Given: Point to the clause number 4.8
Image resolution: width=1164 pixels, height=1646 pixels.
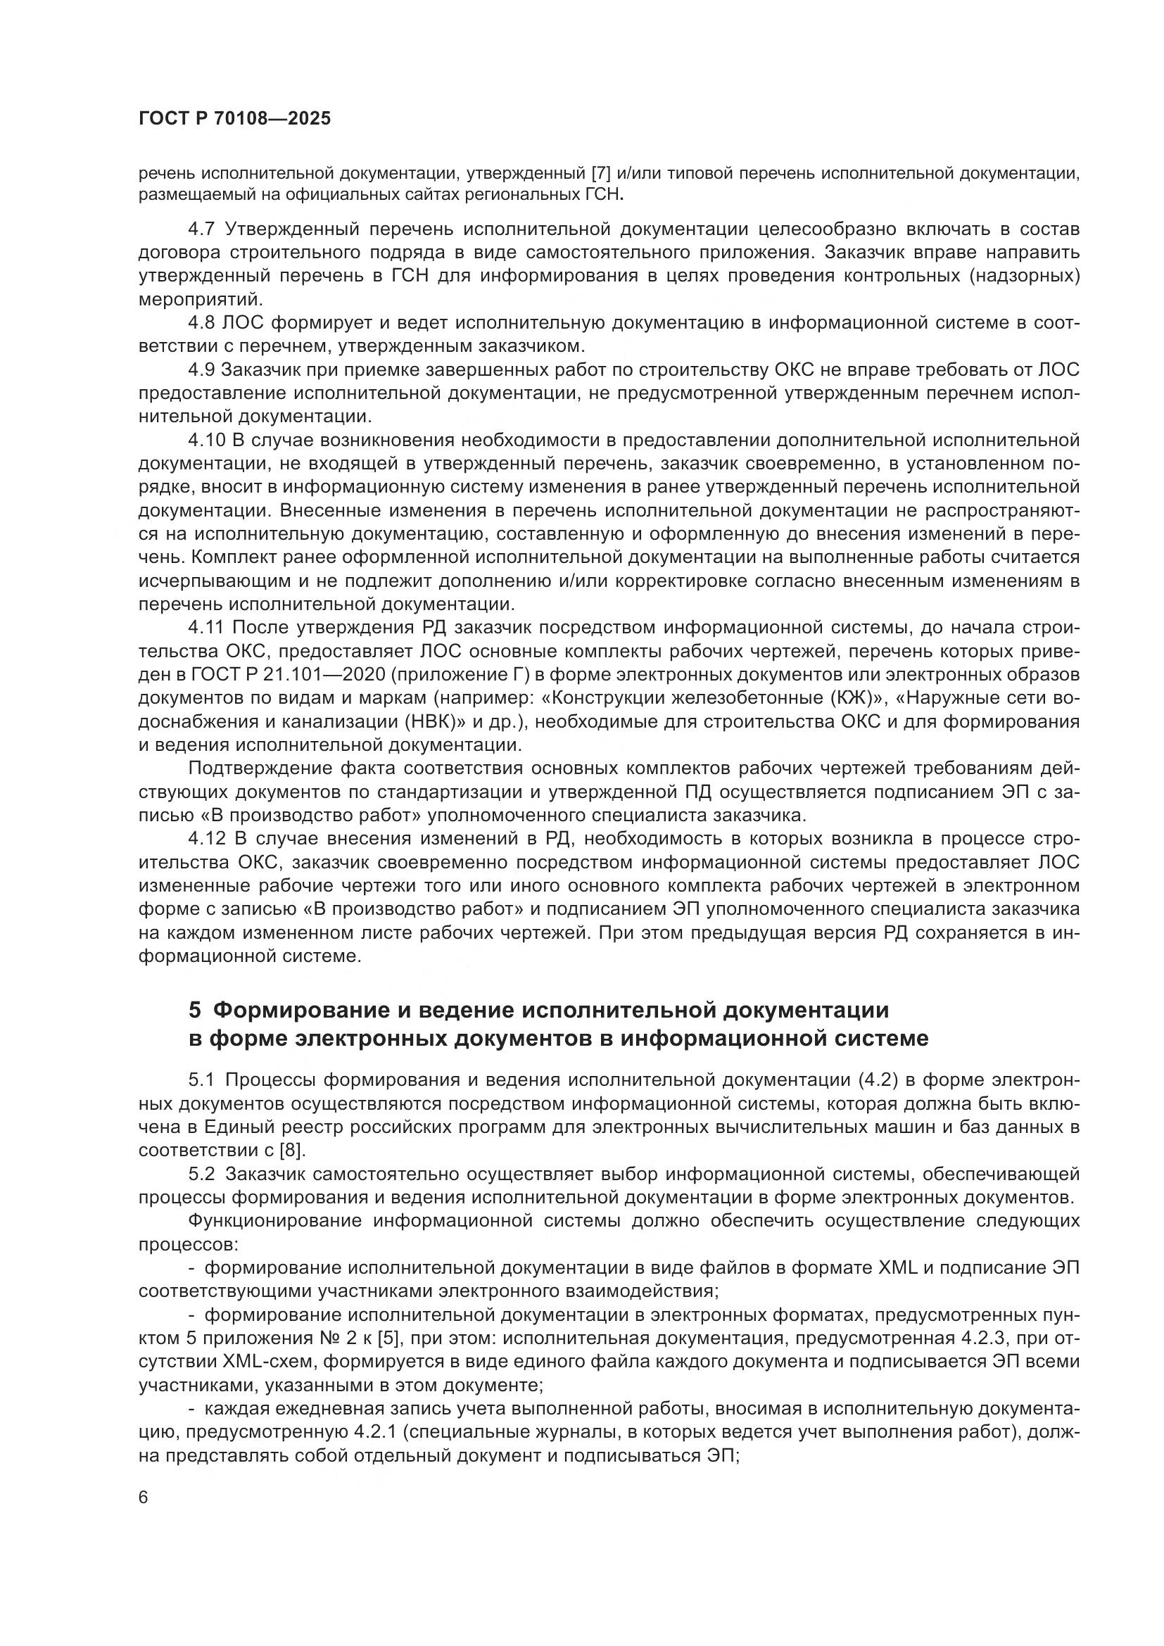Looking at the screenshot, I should pos(201,323).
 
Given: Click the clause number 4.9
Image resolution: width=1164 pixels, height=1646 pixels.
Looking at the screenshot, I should pos(201,370).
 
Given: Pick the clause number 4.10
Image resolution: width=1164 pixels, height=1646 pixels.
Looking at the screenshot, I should pos(206,439).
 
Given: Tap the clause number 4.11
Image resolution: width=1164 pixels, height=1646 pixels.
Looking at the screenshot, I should pos(206,627).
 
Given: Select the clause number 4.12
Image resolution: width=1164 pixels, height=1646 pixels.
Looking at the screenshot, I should pos(206,839).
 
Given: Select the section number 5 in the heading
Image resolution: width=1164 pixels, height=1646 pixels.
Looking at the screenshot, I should pos(195,1011).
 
